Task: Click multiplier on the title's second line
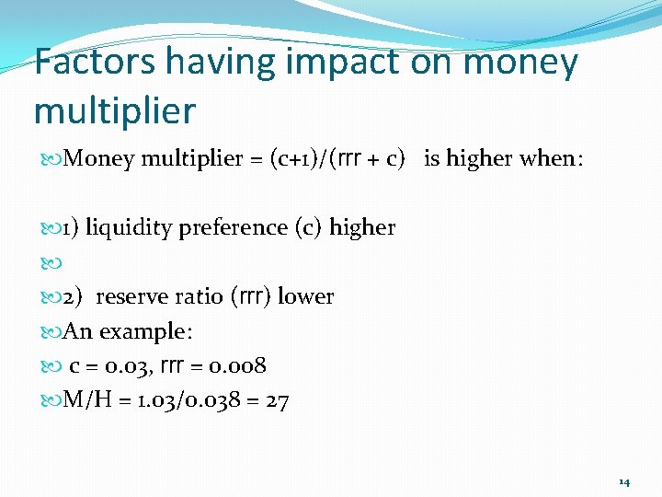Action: pos(114,111)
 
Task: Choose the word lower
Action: pos(306,296)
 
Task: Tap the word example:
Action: pos(141,331)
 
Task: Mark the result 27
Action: pos(277,400)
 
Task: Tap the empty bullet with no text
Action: pos(51,262)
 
